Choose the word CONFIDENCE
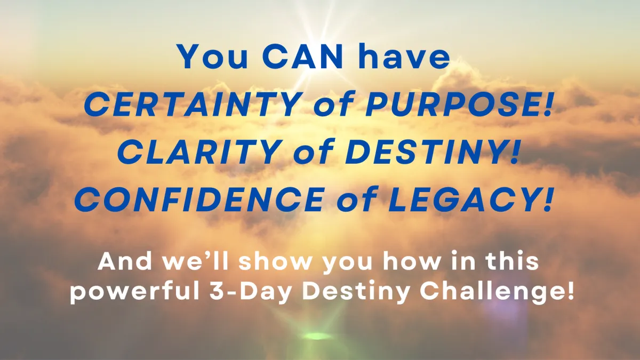click(199, 199)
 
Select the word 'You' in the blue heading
click(213, 57)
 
